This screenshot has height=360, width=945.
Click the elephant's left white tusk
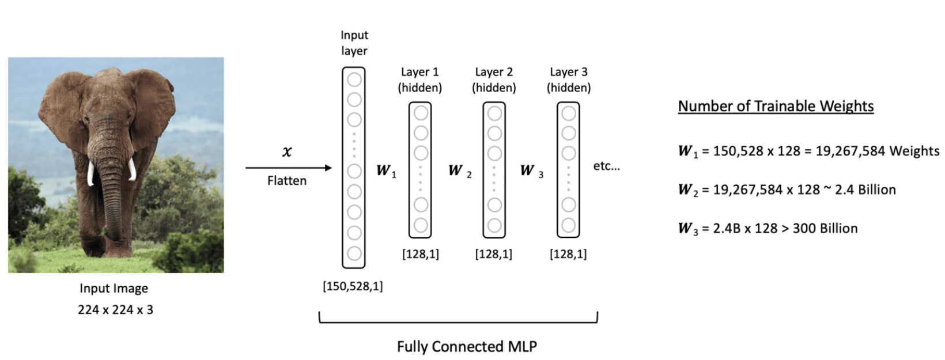click(90, 173)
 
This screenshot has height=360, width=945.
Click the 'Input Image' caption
click(114, 288)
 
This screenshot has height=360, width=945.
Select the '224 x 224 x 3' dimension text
click(115, 310)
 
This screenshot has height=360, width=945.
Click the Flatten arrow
click(288, 168)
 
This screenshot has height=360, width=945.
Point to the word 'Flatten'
click(286, 181)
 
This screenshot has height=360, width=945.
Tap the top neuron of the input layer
click(354, 78)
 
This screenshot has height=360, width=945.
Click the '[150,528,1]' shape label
click(353, 286)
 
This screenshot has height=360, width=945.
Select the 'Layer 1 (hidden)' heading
click(419, 79)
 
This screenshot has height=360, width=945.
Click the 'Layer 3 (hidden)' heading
click(568, 79)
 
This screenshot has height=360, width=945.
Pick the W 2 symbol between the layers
click(459, 170)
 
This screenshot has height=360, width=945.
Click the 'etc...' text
click(606, 166)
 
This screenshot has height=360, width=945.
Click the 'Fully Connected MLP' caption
click(467, 346)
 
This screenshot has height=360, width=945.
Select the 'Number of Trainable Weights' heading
click(776, 106)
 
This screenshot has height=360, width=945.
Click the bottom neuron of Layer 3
click(568, 225)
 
